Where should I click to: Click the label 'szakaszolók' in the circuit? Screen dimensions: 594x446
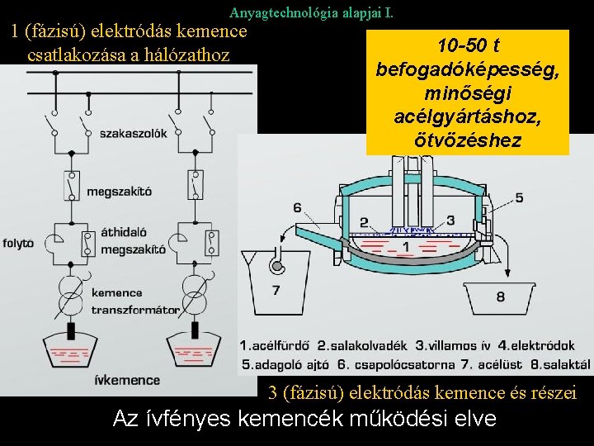tap(132, 133)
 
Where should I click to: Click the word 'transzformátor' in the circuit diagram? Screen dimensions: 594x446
tap(135, 311)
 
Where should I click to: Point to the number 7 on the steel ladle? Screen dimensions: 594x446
tap(276, 290)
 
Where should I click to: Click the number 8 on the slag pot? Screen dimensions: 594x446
tap(501, 296)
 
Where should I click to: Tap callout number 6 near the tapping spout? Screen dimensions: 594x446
tap(297, 207)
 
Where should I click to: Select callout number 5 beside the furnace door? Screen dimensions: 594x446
tap(518, 197)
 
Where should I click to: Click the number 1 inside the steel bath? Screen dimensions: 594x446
tap(405, 246)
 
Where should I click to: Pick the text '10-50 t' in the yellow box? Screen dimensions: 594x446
tap(468, 44)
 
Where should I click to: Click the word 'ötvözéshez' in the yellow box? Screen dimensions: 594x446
tap(468, 140)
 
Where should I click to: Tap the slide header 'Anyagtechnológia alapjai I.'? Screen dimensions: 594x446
tap(311, 12)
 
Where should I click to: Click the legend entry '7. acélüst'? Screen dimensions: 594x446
tap(484, 363)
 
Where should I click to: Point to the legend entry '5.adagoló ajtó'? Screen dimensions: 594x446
tap(285, 363)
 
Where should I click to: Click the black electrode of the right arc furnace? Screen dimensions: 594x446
tap(196, 332)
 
